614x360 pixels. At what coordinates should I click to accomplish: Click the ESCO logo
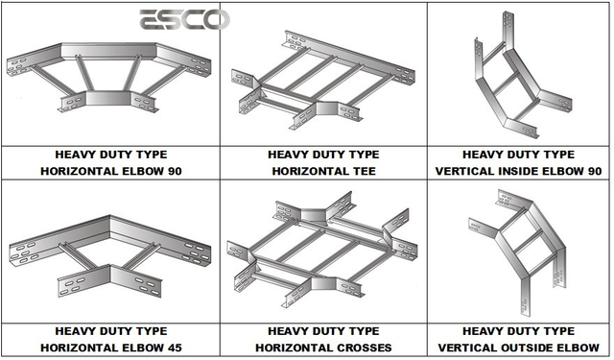coord(184,19)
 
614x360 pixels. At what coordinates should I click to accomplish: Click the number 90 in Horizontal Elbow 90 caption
coord(173,171)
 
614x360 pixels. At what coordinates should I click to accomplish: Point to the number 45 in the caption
coord(173,348)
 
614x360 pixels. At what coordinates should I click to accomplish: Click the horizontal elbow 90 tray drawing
coord(108,78)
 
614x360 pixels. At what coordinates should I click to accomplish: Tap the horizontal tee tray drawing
coord(323,81)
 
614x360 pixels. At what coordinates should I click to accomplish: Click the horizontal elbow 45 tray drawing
coord(109,256)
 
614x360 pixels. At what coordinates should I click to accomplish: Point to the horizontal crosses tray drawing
coord(322,250)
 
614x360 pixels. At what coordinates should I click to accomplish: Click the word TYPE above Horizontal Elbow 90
coord(151,155)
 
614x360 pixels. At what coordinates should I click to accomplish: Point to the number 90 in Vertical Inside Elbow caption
coord(593,171)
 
